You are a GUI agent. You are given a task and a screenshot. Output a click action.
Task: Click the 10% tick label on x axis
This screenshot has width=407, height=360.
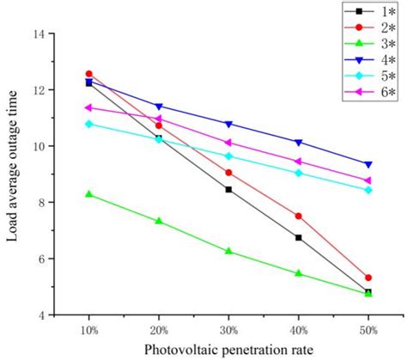pyautogui.click(x=88, y=329)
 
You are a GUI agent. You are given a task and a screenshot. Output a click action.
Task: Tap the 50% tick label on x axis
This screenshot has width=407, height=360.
pyautogui.click(x=368, y=329)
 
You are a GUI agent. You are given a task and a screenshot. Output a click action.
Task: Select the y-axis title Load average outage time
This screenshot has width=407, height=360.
pyautogui.click(x=14, y=174)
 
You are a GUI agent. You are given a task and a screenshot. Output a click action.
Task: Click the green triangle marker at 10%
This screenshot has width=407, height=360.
pyautogui.click(x=88, y=194)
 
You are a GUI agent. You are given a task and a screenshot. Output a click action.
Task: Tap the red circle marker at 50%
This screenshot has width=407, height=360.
pyautogui.click(x=368, y=278)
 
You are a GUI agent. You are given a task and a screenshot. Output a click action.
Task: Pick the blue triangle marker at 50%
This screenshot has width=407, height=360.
pyautogui.click(x=368, y=164)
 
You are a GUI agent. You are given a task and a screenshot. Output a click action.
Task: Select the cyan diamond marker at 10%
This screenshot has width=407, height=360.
pyautogui.click(x=88, y=124)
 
